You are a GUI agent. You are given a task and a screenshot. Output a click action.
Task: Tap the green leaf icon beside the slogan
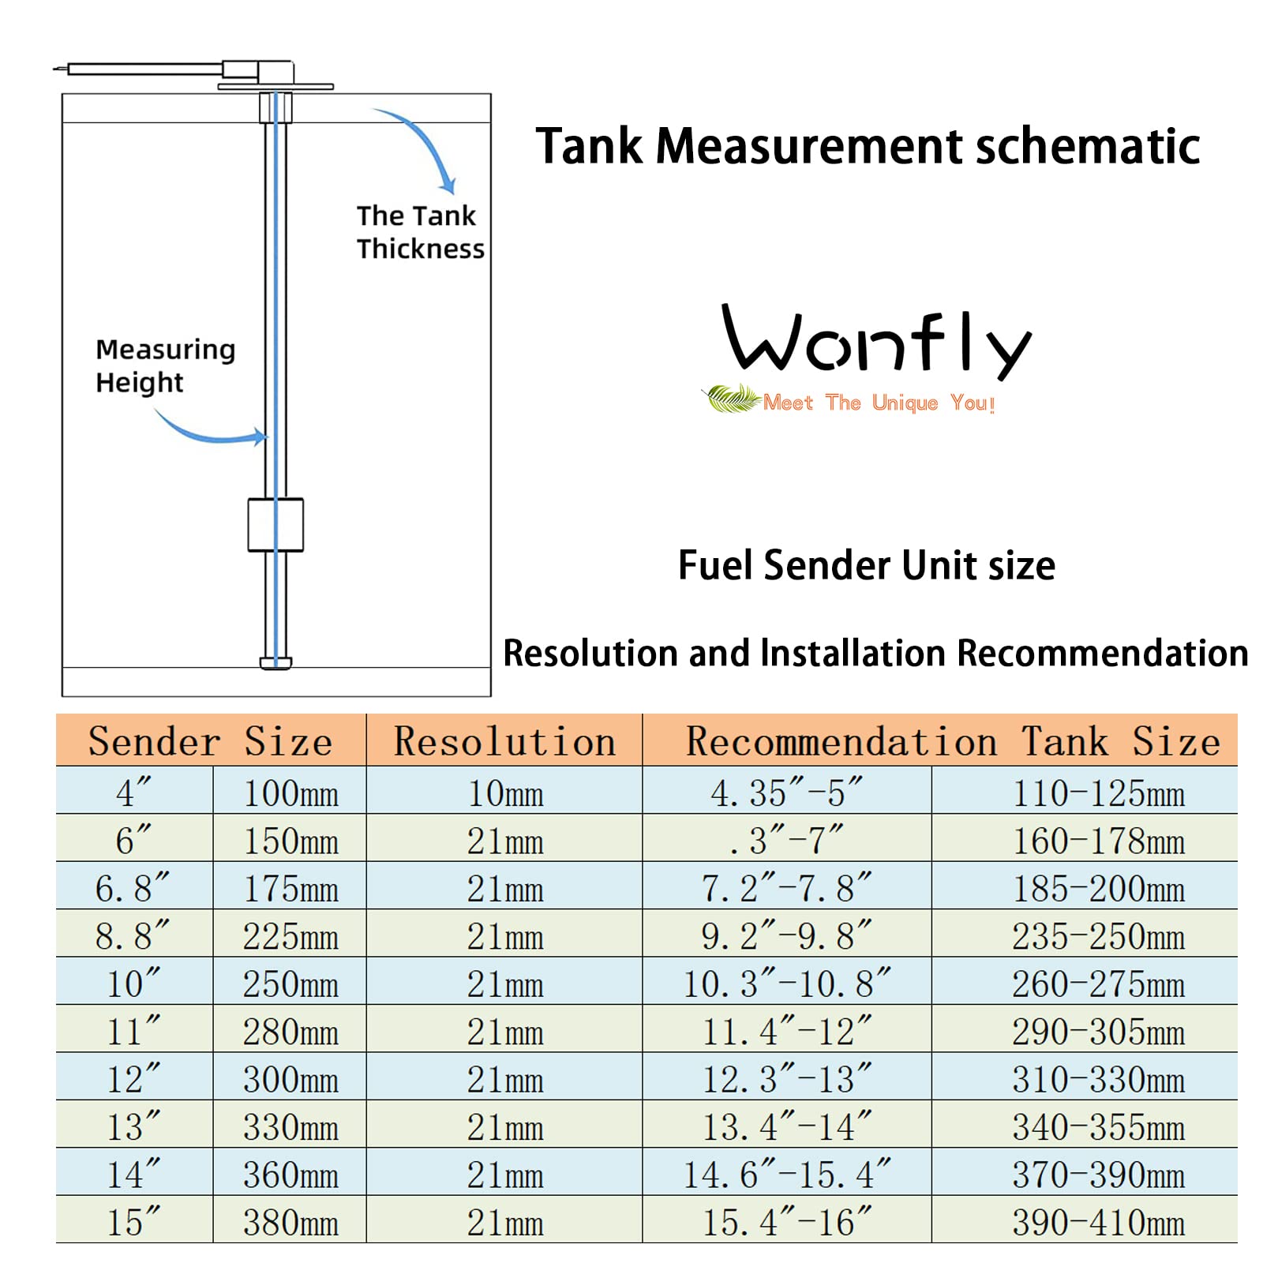pos(732,399)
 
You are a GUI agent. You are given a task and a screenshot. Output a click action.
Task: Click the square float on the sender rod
pos(275,524)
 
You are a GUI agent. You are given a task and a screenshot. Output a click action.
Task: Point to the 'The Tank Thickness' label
pos(419,232)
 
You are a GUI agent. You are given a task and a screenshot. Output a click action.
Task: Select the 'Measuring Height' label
pos(165,365)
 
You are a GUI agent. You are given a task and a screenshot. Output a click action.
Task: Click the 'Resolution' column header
pos(504,741)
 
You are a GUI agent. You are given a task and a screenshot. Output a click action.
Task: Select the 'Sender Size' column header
pos(210,741)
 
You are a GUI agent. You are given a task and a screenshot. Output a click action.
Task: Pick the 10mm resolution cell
pos(504,793)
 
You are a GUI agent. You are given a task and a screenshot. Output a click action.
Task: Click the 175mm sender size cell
pos(290,889)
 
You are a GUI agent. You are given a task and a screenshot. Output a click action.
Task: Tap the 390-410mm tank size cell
pos(1098,1222)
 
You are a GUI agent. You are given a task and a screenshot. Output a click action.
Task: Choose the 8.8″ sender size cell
pos(133,936)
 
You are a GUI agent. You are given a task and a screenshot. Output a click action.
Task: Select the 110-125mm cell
pos(1098,793)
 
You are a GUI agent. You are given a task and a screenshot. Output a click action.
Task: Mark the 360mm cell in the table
pos(290,1175)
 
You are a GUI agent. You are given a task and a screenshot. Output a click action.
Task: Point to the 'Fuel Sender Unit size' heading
pos(866,565)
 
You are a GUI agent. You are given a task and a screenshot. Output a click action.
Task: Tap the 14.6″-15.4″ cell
pos(786,1175)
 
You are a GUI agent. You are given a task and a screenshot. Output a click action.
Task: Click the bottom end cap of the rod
pos(275,662)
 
